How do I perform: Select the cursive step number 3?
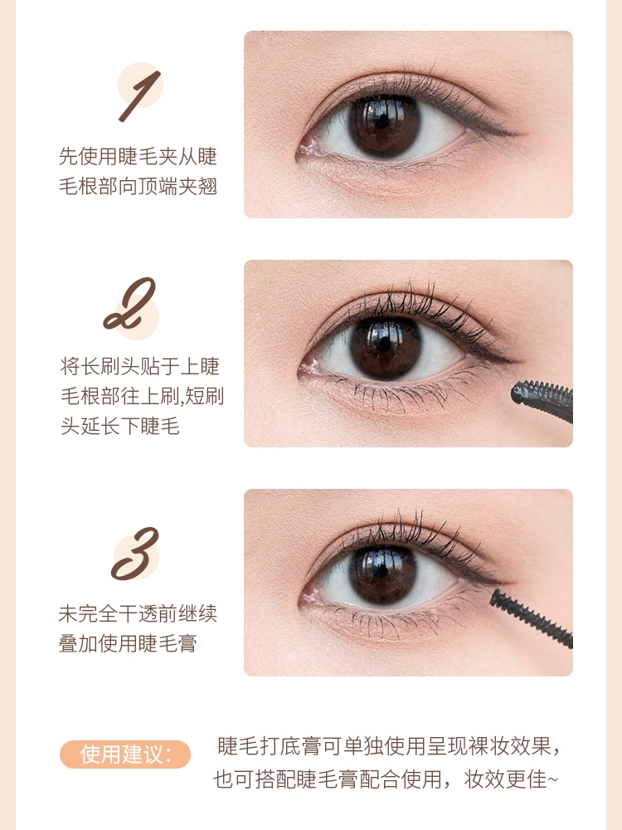[x=135, y=553]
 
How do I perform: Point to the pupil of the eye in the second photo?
[x=385, y=346]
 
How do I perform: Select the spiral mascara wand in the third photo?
[x=532, y=618]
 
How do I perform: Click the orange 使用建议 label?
[x=125, y=754]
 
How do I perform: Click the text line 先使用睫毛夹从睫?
[x=138, y=156]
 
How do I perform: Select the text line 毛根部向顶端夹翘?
[x=138, y=186]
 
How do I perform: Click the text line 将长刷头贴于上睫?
[x=140, y=366]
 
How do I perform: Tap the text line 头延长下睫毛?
[x=120, y=426]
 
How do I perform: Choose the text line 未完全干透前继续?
[x=138, y=613]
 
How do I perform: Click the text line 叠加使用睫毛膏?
[x=128, y=644]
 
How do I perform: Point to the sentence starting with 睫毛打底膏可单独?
[x=389, y=746]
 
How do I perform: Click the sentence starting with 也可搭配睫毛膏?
[x=386, y=779]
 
